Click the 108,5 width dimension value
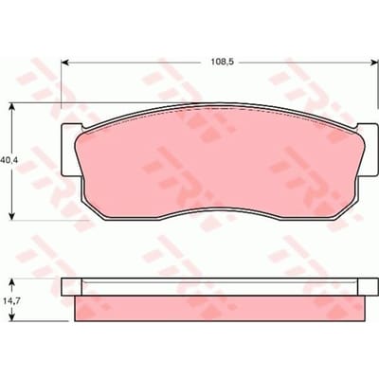pyautogui.click(x=222, y=63)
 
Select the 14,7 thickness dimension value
pyautogui.click(x=10, y=301)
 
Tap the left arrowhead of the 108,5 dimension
pyautogui.click(x=64, y=63)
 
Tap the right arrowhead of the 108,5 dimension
pyautogui.click(x=374, y=63)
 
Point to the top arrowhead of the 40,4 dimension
pyautogui.click(x=11, y=107)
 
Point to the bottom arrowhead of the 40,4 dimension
pyautogui.click(x=11, y=216)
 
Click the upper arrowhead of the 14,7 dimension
pyautogui.click(x=12, y=282)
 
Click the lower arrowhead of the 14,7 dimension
pyautogui.click(x=12, y=317)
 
